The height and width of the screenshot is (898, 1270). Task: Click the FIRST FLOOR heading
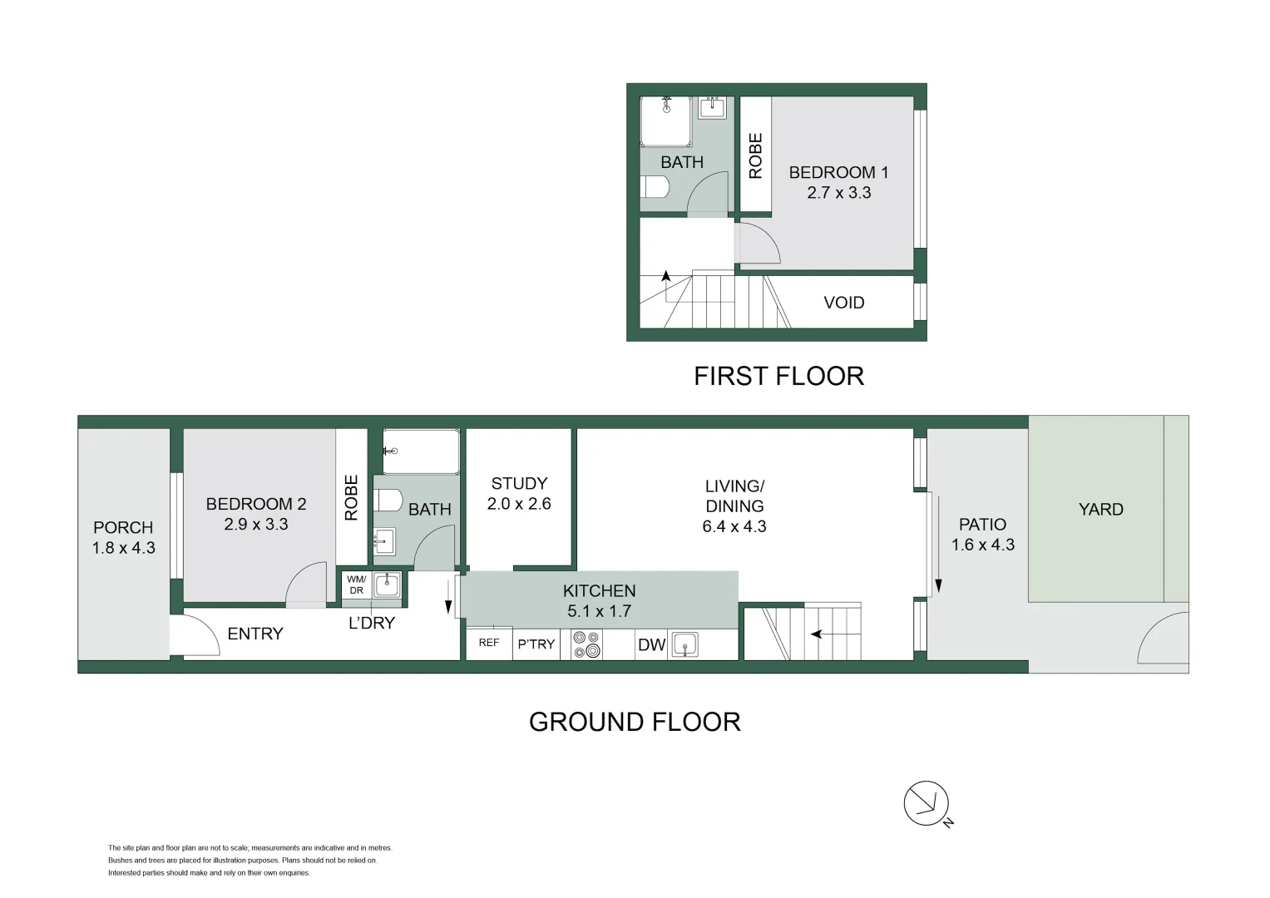pyautogui.click(x=778, y=376)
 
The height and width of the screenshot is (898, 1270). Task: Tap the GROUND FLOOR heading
pyautogui.click(x=635, y=722)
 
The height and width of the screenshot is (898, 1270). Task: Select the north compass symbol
pyautogui.click(x=927, y=804)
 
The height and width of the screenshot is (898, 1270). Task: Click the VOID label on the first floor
pyautogui.click(x=843, y=303)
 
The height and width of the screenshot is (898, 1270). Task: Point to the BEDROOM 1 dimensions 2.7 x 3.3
pyautogui.click(x=838, y=193)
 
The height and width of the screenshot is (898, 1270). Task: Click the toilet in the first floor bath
pyautogui.click(x=654, y=186)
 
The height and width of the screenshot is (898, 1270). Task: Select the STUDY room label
pyautogui.click(x=519, y=483)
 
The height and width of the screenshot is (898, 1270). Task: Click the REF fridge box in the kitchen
pyautogui.click(x=489, y=643)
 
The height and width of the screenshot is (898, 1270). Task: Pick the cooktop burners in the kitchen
pyautogui.click(x=586, y=645)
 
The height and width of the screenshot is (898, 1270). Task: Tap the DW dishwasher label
pyautogui.click(x=651, y=645)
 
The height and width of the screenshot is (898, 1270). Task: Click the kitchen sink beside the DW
pyautogui.click(x=685, y=644)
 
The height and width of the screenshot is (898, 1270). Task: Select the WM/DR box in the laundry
pyautogui.click(x=356, y=585)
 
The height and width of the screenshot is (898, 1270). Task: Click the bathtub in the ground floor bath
pyautogui.click(x=421, y=451)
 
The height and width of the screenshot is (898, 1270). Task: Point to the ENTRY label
pyautogui.click(x=255, y=634)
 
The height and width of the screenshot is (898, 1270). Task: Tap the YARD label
pyautogui.click(x=1100, y=509)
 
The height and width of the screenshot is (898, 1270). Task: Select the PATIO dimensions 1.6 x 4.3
pyautogui.click(x=983, y=545)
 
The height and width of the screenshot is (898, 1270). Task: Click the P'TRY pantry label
pyautogui.click(x=536, y=644)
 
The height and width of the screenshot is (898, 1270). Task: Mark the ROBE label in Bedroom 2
pyautogui.click(x=351, y=497)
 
